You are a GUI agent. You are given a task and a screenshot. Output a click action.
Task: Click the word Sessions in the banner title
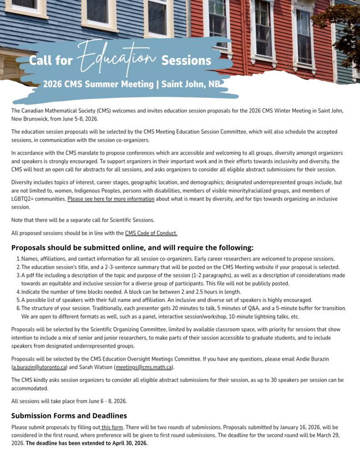point(186,61)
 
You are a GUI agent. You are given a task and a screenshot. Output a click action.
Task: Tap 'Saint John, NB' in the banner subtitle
point(188,84)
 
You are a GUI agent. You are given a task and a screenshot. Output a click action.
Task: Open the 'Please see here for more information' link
point(111,199)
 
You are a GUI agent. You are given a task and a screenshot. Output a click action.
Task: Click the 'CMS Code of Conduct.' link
point(151,233)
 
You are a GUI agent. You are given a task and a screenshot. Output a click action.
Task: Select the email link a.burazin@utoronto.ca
point(40,367)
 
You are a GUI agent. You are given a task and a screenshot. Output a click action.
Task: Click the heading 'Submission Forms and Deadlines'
point(69,415)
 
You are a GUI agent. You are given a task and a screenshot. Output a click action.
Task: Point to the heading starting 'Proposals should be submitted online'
point(132,248)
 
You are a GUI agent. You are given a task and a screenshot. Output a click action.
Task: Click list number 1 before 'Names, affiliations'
point(18,259)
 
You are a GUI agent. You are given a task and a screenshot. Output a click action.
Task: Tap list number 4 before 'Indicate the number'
point(18,292)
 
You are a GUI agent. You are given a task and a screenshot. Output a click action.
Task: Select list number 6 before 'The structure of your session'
point(18,308)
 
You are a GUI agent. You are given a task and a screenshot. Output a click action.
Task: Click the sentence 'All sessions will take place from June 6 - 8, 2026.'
point(69,401)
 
